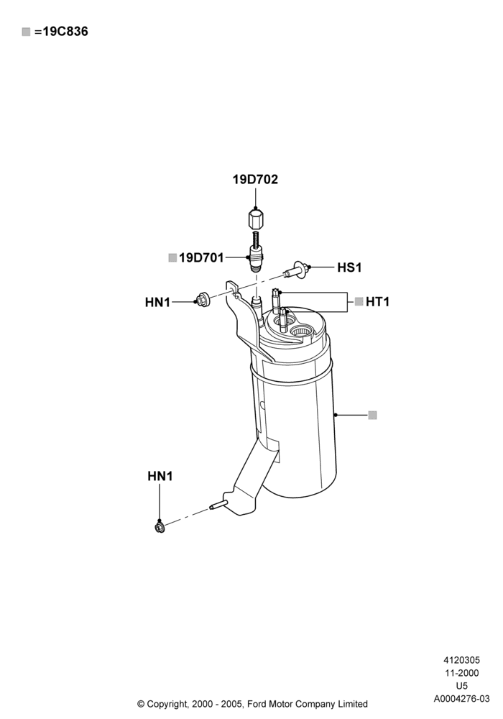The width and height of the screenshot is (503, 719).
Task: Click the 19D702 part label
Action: click(x=255, y=179)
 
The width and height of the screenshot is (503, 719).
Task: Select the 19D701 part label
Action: click(x=202, y=257)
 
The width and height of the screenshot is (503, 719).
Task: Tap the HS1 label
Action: click(x=349, y=267)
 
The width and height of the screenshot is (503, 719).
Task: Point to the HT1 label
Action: click(x=377, y=302)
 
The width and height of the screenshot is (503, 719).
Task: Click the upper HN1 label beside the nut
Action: click(x=157, y=302)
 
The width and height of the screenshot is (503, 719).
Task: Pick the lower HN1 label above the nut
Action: click(x=160, y=477)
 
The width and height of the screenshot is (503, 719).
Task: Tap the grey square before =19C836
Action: click(x=26, y=32)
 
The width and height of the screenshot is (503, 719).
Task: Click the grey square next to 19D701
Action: click(x=172, y=257)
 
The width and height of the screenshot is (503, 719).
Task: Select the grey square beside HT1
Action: click(x=359, y=301)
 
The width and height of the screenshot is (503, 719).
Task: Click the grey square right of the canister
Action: click(x=372, y=415)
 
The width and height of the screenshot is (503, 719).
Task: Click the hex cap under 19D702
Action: click(x=255, y=219)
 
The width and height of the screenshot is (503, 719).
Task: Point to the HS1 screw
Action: click(x=296, y=270)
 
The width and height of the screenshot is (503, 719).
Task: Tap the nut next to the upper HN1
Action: click(x=203, y=300)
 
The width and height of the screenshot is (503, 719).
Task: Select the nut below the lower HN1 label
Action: click(x=160, y=527)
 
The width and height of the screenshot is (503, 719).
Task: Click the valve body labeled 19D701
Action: click(x=256, y=260)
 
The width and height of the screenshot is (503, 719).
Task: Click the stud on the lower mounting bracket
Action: click(x=217, y=505)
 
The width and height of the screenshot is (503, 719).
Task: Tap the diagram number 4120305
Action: click(x=462, y=660)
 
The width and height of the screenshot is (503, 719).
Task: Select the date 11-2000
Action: click(x=462, y=673)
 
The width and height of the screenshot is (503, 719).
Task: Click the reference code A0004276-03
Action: click(x=462, y=699)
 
